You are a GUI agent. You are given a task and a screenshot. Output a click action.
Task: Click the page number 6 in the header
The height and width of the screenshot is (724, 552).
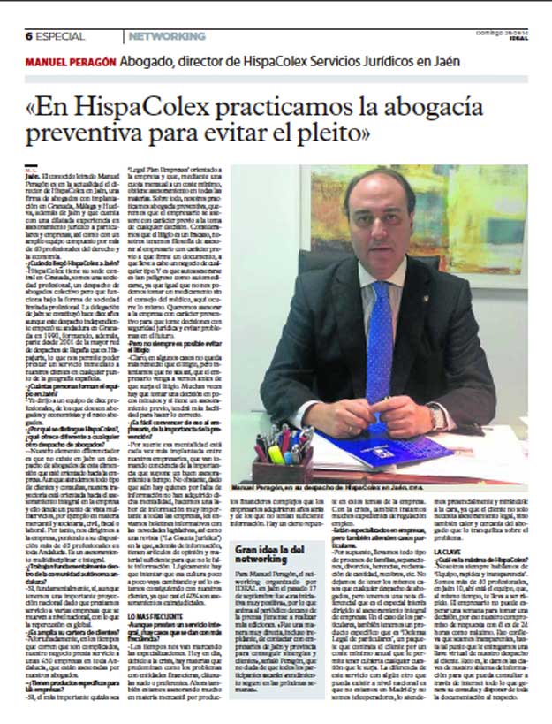(x=29, y=36)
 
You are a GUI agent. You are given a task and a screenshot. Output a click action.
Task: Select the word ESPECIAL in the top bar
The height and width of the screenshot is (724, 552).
(x=61, y=36)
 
